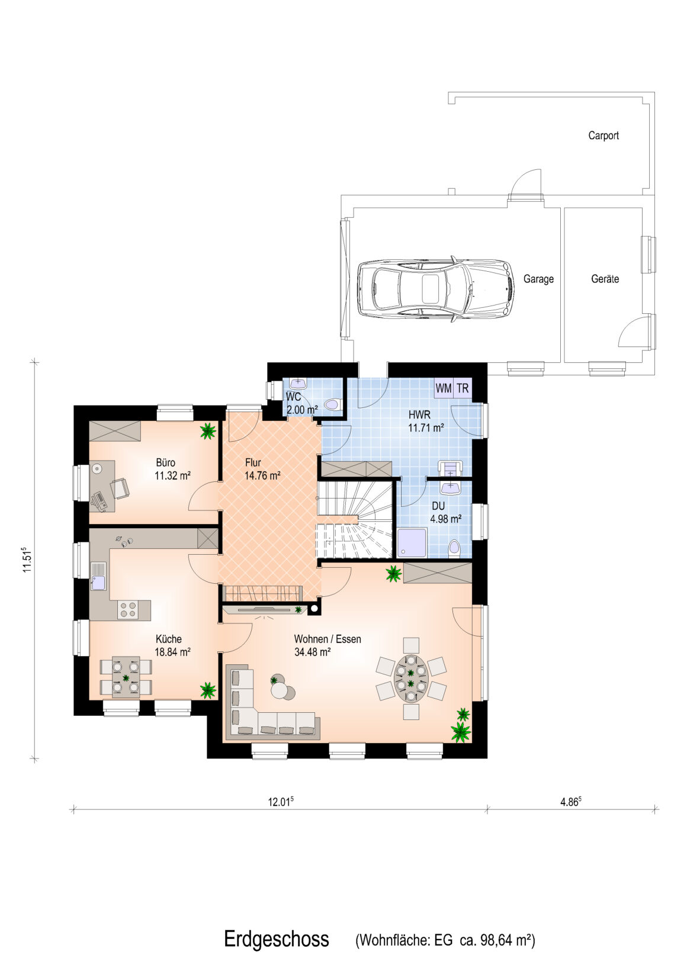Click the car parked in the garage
coord(435,288)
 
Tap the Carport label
coord(603,135)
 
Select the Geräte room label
coord(605,279)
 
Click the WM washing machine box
coord(443,388)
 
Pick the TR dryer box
coord(463,388)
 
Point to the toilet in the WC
coord(335,404)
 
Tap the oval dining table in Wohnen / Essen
coord(410,679)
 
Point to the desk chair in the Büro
coord(120,488)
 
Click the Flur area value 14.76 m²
coord(262,475)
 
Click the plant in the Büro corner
coord(208,431)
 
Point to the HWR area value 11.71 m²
coord(426,428)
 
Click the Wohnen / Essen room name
coord(328,638)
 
